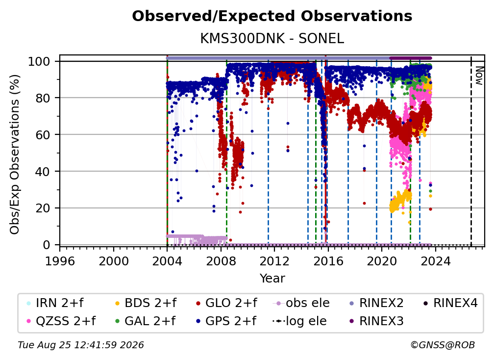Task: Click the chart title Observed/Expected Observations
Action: pyautogui.click(x=272, y=16)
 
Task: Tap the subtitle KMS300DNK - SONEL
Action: pyautogui.click(x=272, y=39)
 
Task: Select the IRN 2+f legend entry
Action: pyautogui.click(x=55, y=303)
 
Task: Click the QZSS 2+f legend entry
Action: pyautogui.click(x=61, y=321)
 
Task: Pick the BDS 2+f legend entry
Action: pyautogui.click(x=145, y=303)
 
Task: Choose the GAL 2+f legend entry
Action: pyautogui.click(x=145, y=321)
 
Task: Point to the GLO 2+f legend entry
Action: pyautogui.click(x=226, y=303)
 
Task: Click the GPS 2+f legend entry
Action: pyautogui.click(x=226, y=321)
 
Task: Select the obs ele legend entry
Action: pyautogui.click(x=301, y=303)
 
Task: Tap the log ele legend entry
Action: pyautogui.click(x=299, y=321)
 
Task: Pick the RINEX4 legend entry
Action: pyautogui.click(x=450, y=303)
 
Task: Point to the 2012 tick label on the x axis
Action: pyautogui.click(x=274, y=261)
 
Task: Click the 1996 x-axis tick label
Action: pyautogui.click(x=60, y=261)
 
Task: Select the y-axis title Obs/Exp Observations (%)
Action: pyautogui.click(x=15, y=154)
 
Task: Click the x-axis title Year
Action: pyautogui.click(x=272, y=278)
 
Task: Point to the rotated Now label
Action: pyautogui.click(x=479, y=76)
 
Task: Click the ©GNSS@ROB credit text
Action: pyautogui.click(x=443, y=345)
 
